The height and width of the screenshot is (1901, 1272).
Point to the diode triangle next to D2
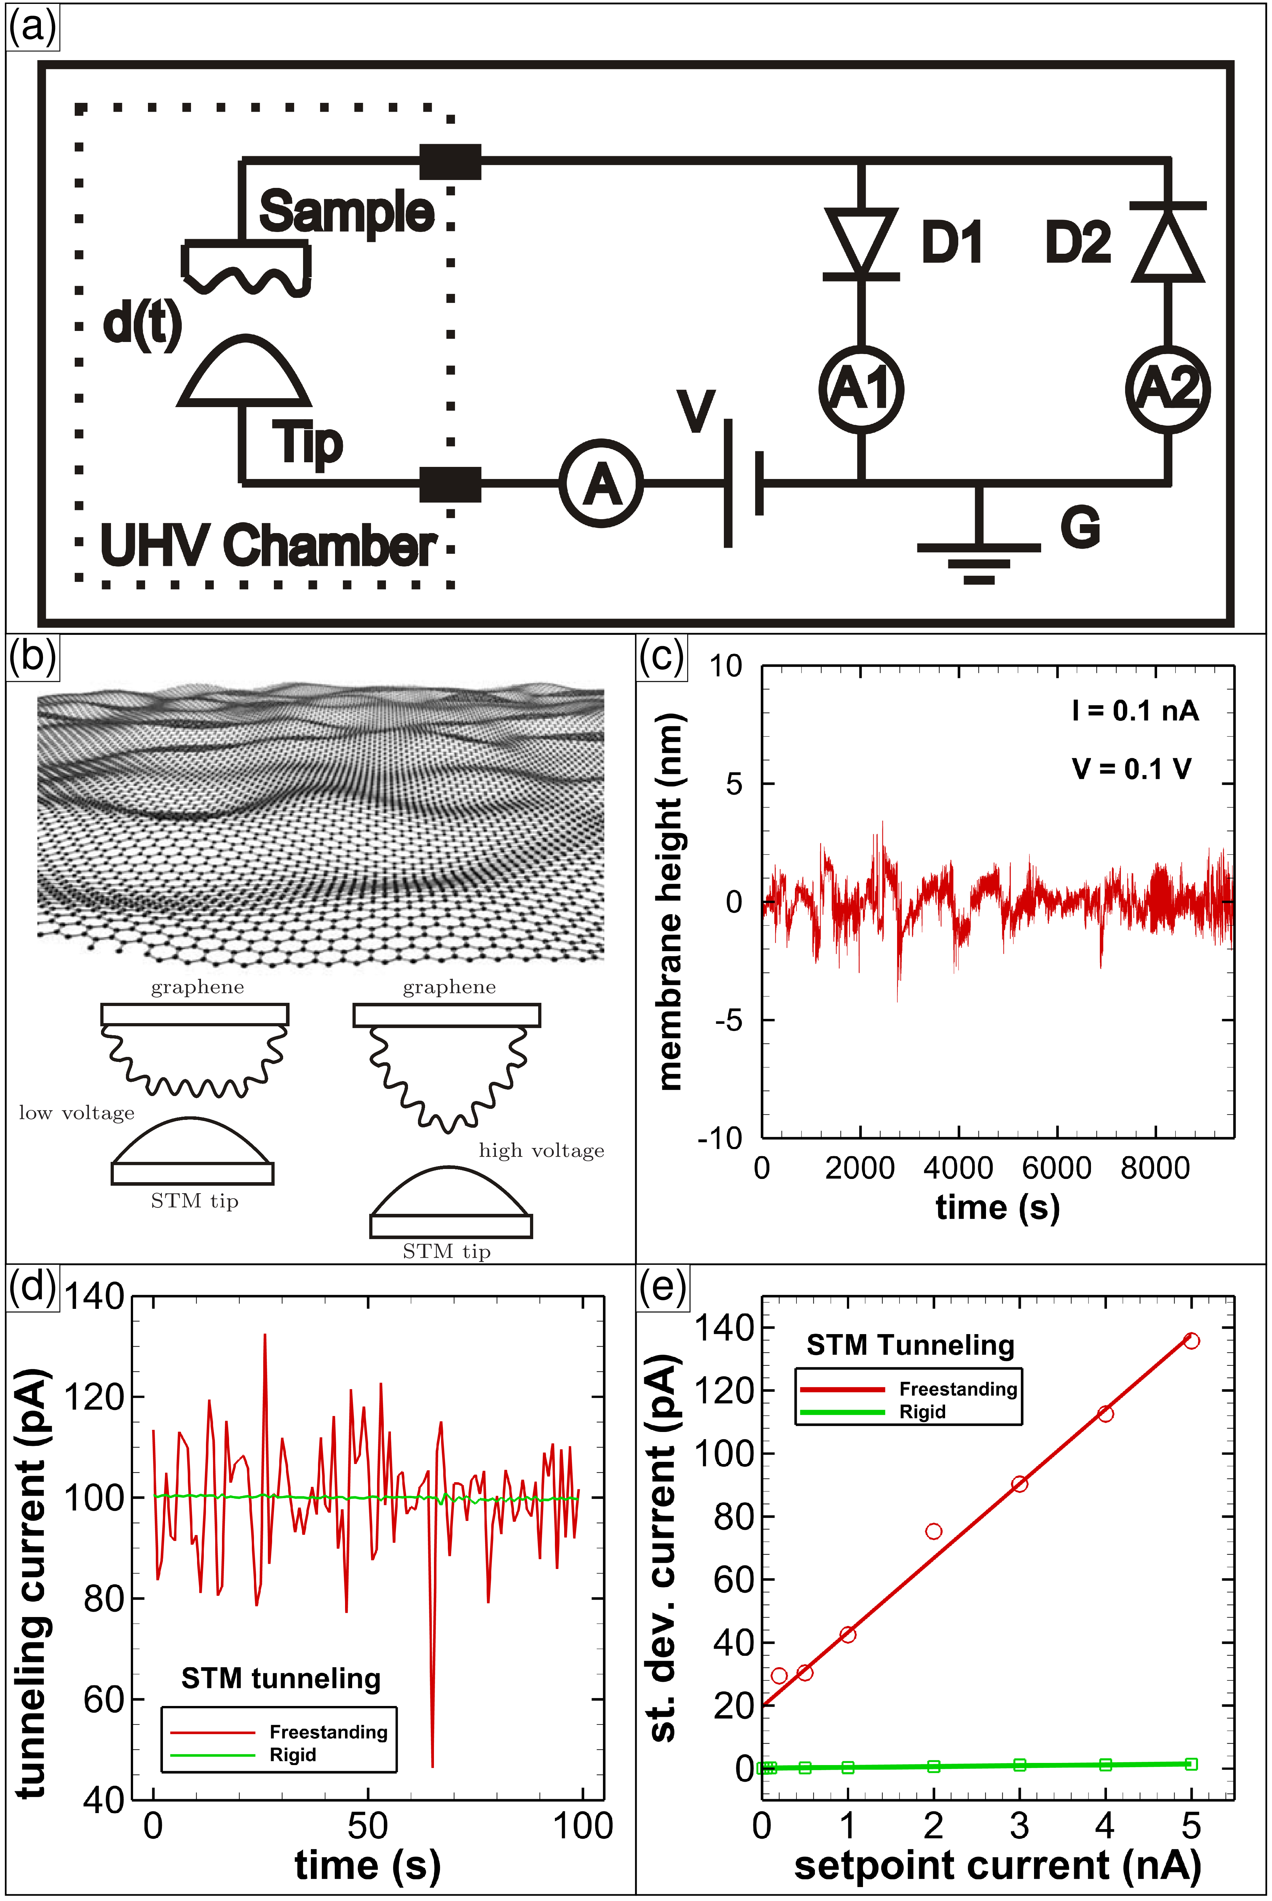[x=1167, y=243]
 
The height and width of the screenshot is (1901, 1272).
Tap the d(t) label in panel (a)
[x=142, y=323]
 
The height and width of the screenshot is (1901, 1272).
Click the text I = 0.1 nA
[x=1134, y=711]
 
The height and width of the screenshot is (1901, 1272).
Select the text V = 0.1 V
[x=1131, y=768]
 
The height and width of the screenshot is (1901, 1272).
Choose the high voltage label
[x=541, y=1150]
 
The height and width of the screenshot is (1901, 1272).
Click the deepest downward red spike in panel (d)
[x=433, y=1765]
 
